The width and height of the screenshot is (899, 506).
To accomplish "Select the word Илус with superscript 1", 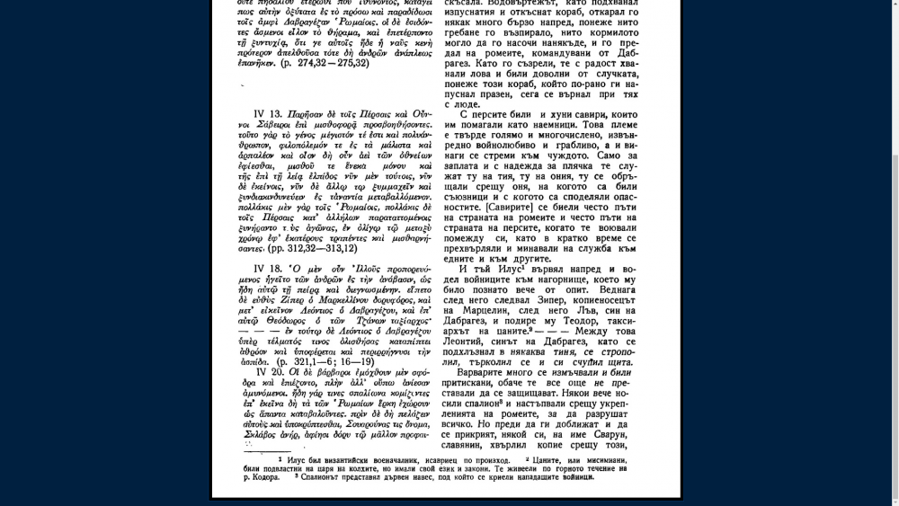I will pos(503,269).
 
